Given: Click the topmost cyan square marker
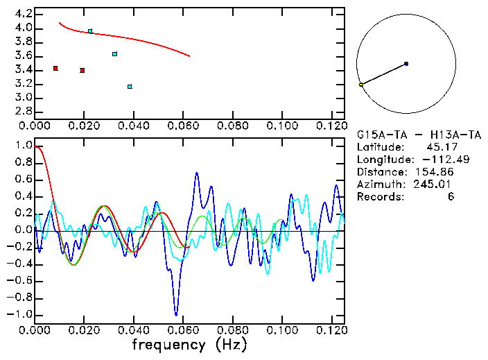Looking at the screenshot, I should coord(90,31).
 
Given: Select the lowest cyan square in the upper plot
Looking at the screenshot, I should coord(130,87).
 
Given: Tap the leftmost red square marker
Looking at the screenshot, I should coord(55,68).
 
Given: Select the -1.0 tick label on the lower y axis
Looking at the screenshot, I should coord(19,314).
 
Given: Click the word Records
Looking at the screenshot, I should coord(381,197).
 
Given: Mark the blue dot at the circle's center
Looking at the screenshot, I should coord(406,64).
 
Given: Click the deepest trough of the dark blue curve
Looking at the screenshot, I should coord(176,315).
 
